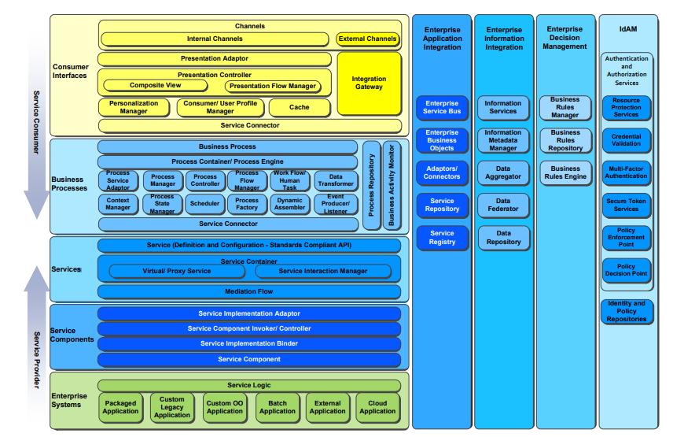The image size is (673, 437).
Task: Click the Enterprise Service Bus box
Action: click(x=442, y=107)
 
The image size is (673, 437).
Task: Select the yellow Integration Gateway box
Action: click(x=369, y=83)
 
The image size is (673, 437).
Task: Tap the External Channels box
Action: click(x=367, y=39)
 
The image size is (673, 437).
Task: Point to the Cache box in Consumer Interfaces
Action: click(x=299, y=107)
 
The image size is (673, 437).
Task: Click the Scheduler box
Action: click(x=204, y=203)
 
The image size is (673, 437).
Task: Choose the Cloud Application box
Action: click(x=377, y=406)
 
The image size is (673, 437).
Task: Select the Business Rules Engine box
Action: click(x=565, y=172)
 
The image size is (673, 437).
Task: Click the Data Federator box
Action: click(x=503, y=206)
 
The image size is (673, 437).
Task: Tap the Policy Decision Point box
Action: click(x=626, y=270)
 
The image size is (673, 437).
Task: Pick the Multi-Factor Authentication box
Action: click(x=626, y=172)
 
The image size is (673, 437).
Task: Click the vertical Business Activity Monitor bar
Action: click(x=391, y=186)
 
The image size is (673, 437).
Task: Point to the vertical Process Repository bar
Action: click(x=370, y=186)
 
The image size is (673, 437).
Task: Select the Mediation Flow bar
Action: click(x=248, y=291)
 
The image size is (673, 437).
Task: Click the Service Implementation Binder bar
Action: click(x=248, y=344)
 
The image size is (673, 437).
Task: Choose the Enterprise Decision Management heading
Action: click(x=565, y=38)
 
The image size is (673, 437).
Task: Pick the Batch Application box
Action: click(x=278, y=406)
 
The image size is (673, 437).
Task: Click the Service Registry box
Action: click(x=442, y=237)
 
